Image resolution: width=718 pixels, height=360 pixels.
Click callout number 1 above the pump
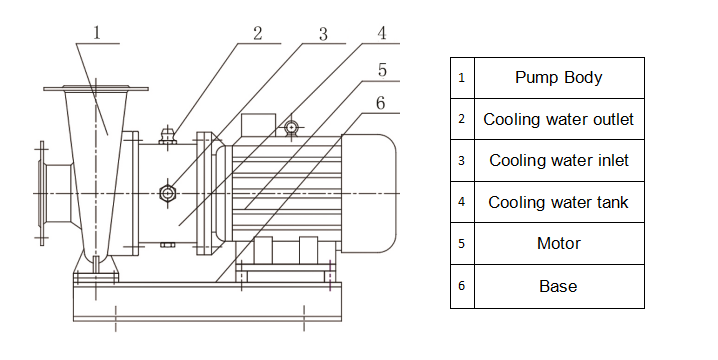coord(97,33)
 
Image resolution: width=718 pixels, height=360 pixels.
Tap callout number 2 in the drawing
coord(258,33)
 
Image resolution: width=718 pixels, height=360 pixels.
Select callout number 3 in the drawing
coord(323,34)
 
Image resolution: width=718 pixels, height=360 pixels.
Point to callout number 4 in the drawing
coord(382,33)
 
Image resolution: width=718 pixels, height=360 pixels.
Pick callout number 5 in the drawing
coord(382,70)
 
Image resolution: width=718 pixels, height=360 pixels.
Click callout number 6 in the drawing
coord(381,103)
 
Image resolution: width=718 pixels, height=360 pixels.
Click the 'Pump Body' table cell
coord(559,78)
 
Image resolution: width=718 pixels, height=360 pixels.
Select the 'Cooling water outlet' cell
coord(559,119)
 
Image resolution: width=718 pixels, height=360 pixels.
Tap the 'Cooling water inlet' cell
coord(559,161)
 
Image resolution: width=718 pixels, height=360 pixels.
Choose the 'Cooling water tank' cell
coord(559,202)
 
